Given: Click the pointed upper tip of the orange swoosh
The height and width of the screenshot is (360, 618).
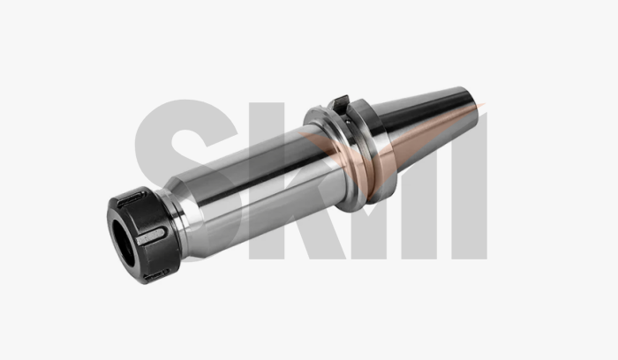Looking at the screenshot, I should point(485,106).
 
